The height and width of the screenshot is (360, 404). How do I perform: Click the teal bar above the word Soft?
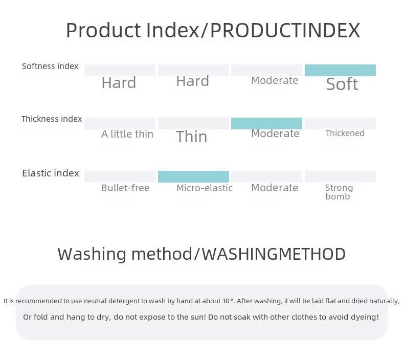pyautogui.click(x=340, y=70)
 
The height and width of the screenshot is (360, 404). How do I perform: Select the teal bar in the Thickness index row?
pyautogui.click(x=266, y=123)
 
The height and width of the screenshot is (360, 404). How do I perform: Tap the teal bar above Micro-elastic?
pyautogui.click(x=193, y=176)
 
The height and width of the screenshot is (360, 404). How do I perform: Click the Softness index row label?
pyautogui.click(x=50, y=66)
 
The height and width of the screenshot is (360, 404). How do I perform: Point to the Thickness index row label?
pyautogui.click(x=52, y=119)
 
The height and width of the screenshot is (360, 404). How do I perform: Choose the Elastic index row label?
pyautogui.click(x=51, y=173)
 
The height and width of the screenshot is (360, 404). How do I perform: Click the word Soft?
pyautogui.click(x=342, y=84)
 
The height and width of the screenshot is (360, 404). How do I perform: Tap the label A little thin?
pyautogui.click(x=127, y=134)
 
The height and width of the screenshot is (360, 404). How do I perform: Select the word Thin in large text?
pyautogui.click(x=192, y=137)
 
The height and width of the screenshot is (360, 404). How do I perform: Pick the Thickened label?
pyautogui.click(x=345, y=133)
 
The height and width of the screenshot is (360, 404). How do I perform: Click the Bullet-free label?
pyautogui.click(x=125, y=188)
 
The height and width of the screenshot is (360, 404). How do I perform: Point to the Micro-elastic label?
pyautogui.click(x=205, y=188)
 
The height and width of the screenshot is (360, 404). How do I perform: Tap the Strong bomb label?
pyautogui.click(x=339, y=192)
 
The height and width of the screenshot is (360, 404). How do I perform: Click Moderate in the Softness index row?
pyautogui.click(x=275, y=80)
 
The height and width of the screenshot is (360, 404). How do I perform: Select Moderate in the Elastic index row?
pyautogui.click(x=275, y=188)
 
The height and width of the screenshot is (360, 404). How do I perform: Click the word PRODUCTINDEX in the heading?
pyautogui.click(x=285, y=30)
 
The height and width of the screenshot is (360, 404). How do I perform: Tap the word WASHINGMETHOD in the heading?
pyautogui.click(x=274, y=254)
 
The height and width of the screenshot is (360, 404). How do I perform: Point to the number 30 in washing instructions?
pyautogui.click(x=226, y=301)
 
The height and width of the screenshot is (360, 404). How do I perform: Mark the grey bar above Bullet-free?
pyautogui.click(x=120, y=176)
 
